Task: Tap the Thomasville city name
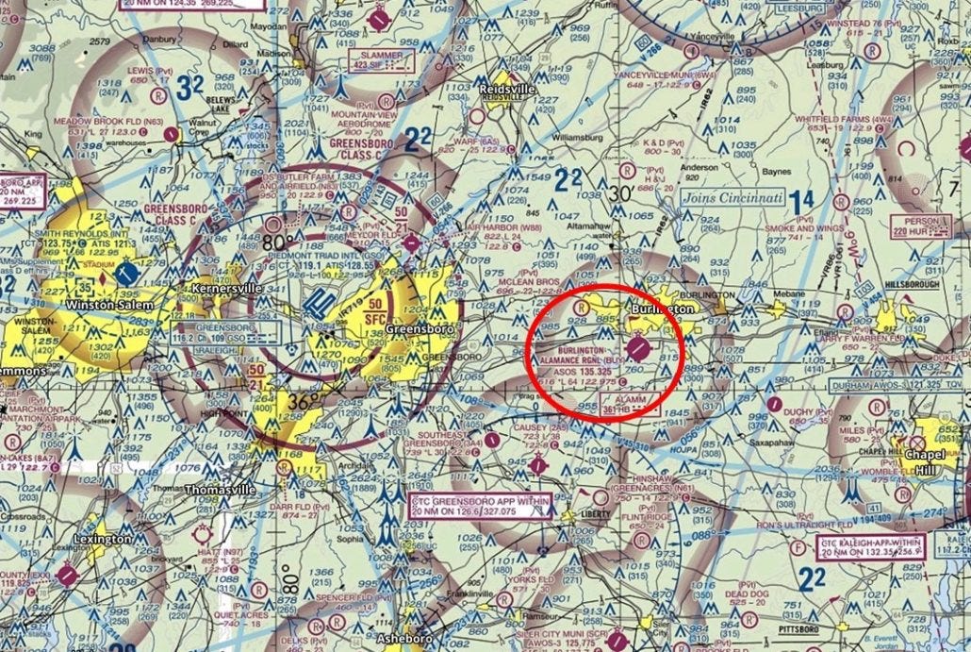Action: tap(219, 490)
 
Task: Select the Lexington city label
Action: tap(103, 539)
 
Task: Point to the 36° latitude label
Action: tap(297, 402)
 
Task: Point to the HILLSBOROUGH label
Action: tap(914, 283)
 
